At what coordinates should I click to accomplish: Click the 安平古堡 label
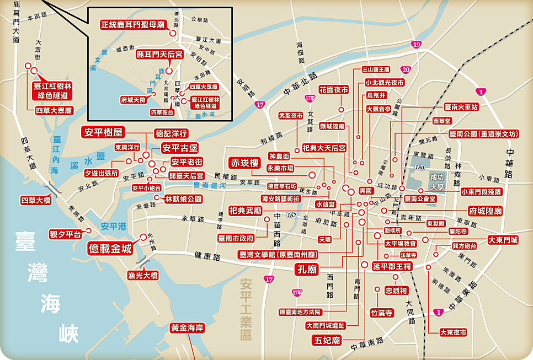point(179,148)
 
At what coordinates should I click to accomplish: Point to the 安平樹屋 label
point(103,132)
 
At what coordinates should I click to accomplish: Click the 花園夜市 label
point(333,89)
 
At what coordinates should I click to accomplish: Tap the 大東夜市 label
point(453,332)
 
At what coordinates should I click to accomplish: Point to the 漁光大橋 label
point(143,274)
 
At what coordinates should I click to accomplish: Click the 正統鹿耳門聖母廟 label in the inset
point(132,25)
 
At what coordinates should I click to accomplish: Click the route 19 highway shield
point(416,45)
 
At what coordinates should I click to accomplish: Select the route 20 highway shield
point(406,70)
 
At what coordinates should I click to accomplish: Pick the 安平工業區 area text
point(246,309)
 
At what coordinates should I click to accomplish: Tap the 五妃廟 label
point(328,340)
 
